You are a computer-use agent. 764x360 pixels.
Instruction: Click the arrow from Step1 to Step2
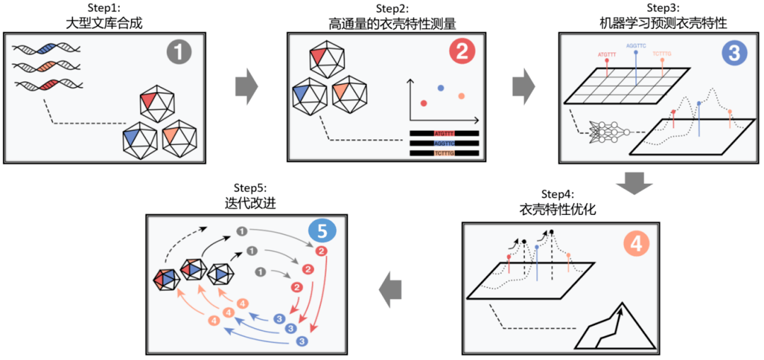246,87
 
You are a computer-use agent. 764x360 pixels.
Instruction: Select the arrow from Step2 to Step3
523,87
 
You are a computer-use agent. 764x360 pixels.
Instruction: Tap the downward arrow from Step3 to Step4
634,185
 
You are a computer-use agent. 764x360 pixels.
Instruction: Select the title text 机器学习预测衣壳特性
659,23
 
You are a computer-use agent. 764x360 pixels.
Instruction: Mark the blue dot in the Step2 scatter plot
441,88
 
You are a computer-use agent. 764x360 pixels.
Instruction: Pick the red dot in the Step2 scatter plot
424,103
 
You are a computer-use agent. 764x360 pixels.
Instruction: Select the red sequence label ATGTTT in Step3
608,53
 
